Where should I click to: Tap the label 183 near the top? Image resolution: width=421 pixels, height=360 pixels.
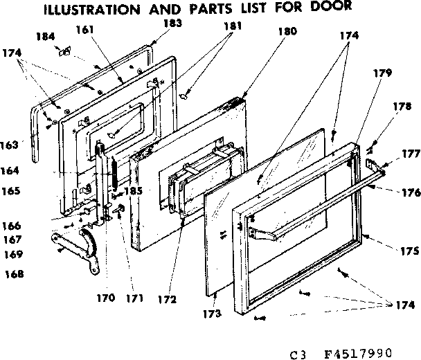click(x=153, y=23)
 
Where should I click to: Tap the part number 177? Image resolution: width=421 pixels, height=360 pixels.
click(x=409, y=154)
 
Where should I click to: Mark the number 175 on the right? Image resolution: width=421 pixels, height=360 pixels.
click(x=410, y=251)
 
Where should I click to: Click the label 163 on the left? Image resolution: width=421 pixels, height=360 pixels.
click(x=11, y=145)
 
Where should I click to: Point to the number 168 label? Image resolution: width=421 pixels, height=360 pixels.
click(x=12, y=273)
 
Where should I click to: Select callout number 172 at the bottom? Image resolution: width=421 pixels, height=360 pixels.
click(x=167, y=300)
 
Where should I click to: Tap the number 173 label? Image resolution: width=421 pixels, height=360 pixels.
click(x=213, y=314)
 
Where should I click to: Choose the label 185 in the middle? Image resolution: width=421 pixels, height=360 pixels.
click(x=132, y=190)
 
